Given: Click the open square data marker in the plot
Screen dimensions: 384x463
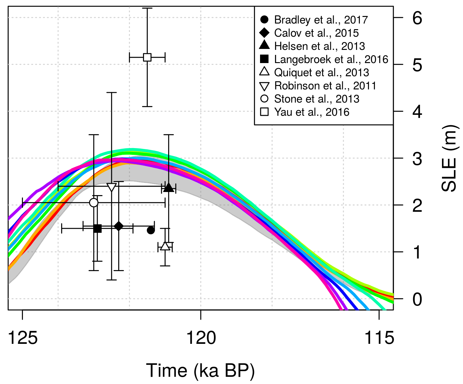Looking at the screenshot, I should pyautogui.click(x=147, y=57).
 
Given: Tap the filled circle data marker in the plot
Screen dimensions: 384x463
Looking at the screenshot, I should pyautogui.click(x=151, y=230).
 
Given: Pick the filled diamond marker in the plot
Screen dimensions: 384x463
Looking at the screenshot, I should pyautogui.click(x=119, y=226).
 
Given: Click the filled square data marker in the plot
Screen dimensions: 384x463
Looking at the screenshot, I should pyautogui.click(x=98, y=228).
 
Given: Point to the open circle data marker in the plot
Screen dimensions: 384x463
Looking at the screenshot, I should pyautogui.click(x=93, y=203).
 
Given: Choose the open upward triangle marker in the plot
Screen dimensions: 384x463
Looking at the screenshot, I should pyautogui.click(x=165, y=246).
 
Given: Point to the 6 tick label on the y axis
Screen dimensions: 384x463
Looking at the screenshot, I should pyautogui.click(x=417, y=18).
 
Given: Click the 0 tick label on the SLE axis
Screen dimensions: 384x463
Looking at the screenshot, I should pyautogui.click(x=417, y=299).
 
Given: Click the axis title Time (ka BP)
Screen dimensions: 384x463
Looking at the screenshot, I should pyautogui.click(x=200, y=371).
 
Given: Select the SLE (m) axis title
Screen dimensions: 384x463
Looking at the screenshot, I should pyautogui.click(x=449, y=158).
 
